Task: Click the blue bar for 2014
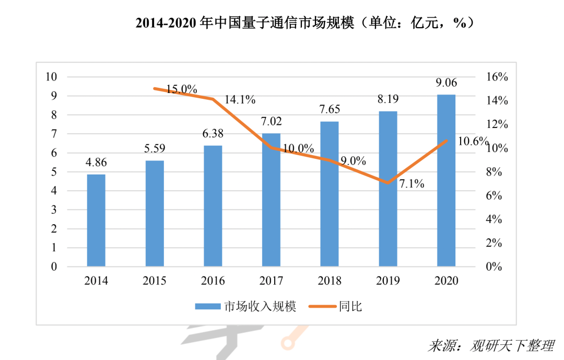point(96,220)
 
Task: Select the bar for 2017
point(271,200)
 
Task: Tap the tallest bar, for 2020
point(446,181)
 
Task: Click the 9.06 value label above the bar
point(446,82)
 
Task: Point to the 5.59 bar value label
point(155,148)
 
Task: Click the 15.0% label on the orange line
point(182,89)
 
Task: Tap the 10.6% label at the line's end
point(472,142)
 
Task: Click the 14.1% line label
point(240,99)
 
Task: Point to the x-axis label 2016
point(213,281)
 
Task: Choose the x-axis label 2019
point(388,281)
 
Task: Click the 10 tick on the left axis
point(51,77)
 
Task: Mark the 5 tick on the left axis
point(54,172)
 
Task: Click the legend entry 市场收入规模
point(245,307)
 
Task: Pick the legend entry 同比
point(334,307)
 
